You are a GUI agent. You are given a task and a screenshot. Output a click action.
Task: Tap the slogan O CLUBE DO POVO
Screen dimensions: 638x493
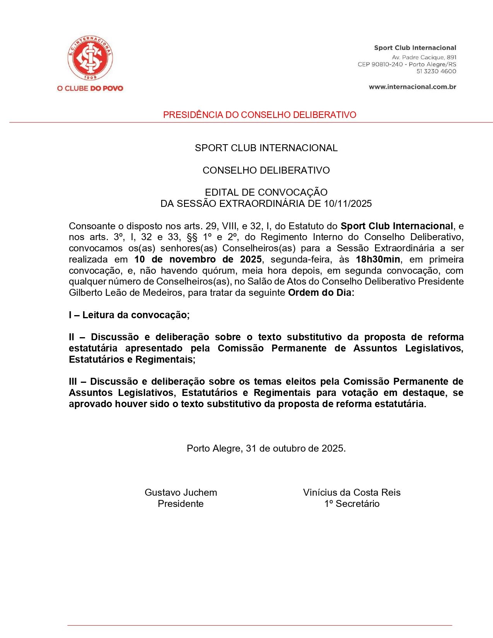[90, 88]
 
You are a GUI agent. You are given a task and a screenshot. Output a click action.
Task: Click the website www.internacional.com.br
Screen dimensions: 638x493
[412, 87]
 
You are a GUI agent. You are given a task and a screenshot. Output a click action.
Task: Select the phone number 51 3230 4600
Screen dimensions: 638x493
[436, 71]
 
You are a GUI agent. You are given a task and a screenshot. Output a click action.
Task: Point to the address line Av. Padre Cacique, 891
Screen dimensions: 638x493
[424, 57]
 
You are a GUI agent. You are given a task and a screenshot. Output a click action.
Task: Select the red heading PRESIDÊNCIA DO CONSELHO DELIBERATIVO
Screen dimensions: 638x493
[259, 115]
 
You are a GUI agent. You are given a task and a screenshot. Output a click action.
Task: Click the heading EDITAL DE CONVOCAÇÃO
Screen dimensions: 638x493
[266, 192]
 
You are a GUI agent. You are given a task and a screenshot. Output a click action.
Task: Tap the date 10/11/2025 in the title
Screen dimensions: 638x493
[348, 203]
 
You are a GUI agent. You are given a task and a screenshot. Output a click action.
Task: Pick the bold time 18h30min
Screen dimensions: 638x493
[378, 259]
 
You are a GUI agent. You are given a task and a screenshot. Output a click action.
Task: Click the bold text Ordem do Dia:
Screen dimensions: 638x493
[321, 292]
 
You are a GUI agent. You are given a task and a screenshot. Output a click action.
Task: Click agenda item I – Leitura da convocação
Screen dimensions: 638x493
[129, 315]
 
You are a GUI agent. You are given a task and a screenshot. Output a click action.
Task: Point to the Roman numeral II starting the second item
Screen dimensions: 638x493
[72, 337]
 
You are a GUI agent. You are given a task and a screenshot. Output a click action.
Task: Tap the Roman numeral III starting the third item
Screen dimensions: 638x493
[73, 382]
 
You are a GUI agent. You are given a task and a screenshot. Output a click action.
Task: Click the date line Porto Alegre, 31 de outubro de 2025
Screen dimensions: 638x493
[266, 448]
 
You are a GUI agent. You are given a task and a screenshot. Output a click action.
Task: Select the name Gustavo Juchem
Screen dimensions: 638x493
[181, 492]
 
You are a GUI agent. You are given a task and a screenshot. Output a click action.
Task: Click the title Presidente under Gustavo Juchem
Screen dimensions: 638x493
[181, 503]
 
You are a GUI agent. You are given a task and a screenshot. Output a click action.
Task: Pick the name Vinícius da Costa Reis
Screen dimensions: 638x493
[351, 492]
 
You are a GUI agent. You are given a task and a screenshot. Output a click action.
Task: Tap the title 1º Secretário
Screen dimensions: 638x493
[351, 503]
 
